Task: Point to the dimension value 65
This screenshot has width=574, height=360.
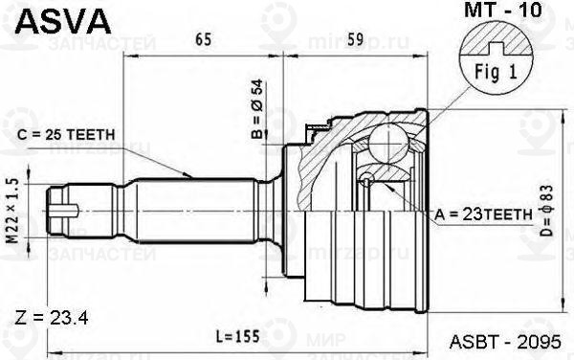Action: (x=203, y=40)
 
